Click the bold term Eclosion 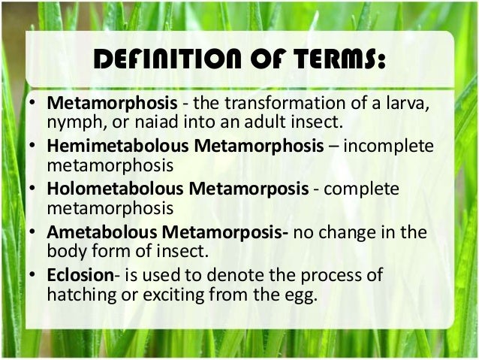[79, 274]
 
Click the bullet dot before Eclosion [34, 275]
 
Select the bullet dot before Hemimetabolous [34, 148]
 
